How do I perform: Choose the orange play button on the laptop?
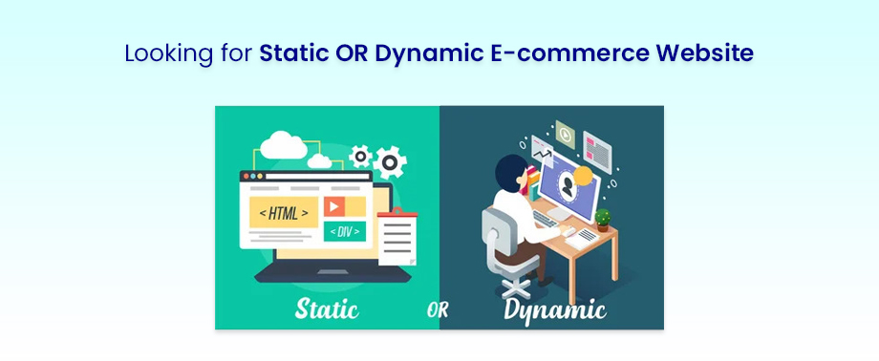[334, 205]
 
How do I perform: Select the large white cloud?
[283, 145]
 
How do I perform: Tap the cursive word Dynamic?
[554, 309]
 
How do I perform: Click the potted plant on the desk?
[603, 220]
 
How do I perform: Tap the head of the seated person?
[511, 172]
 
